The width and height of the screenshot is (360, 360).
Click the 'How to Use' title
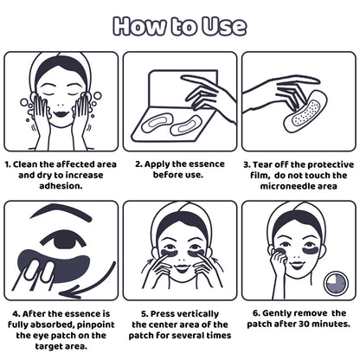coord(179,25)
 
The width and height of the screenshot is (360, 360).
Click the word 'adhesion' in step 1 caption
coord(59,184)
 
